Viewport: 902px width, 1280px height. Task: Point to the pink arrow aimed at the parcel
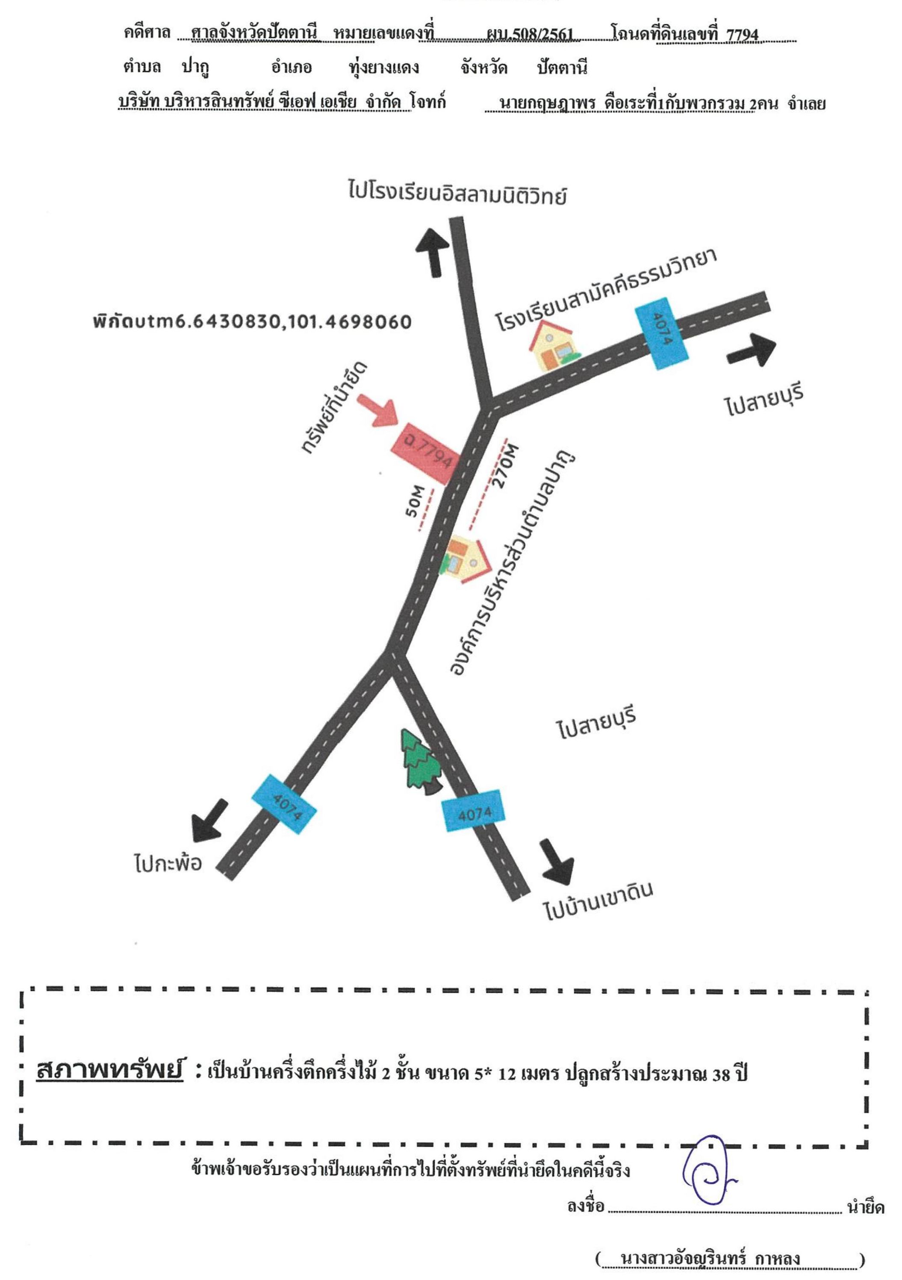(x=379, y=411)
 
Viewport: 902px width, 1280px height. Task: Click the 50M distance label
(x=416, y=501)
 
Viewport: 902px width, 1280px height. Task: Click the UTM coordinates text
(x=253, y=322)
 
